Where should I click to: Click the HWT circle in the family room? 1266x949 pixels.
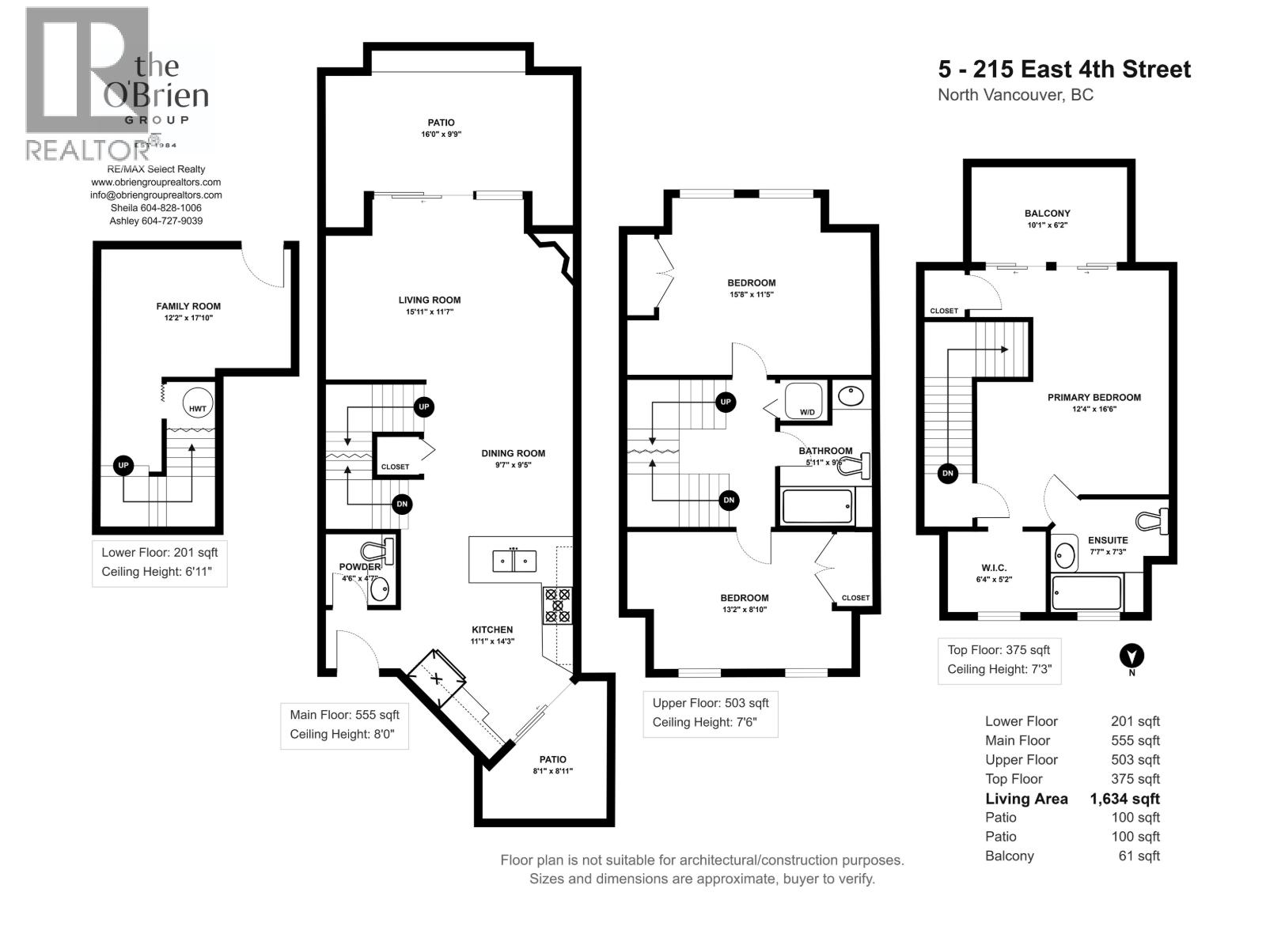(x=197, y=409)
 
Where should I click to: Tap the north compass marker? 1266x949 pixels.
(x=1132, y=656)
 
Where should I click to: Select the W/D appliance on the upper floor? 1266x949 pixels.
(x=805, y=401)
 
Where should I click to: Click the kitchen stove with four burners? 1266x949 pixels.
(x=557, y=605)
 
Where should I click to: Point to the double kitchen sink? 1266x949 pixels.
(x=514, y=561)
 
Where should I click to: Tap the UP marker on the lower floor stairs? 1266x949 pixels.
(x=123, y=466)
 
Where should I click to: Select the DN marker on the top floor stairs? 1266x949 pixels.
(x=947, y=474)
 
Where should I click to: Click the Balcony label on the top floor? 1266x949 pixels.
(x=1047, y=214)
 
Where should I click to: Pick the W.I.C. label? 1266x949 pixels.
(x=994, y=568)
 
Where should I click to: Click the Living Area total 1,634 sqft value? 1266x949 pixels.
(x=1124, y=799)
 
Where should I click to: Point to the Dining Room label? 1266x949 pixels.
(x=513, y=453)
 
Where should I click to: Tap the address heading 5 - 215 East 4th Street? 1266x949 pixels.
(x=1064, y=70)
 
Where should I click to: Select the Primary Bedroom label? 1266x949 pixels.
(x=1094, y=398)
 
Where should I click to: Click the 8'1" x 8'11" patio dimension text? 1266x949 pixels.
(x=552, y=771)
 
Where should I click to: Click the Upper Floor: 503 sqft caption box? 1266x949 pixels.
(x=710, y=713)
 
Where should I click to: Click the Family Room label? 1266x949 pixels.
(x=188, y=306)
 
